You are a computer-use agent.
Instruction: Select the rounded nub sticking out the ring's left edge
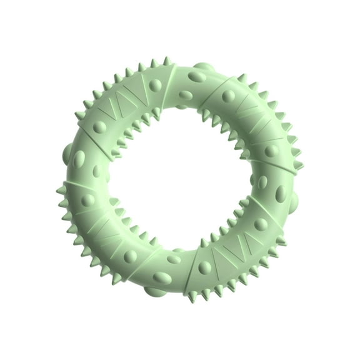coord(69,152)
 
